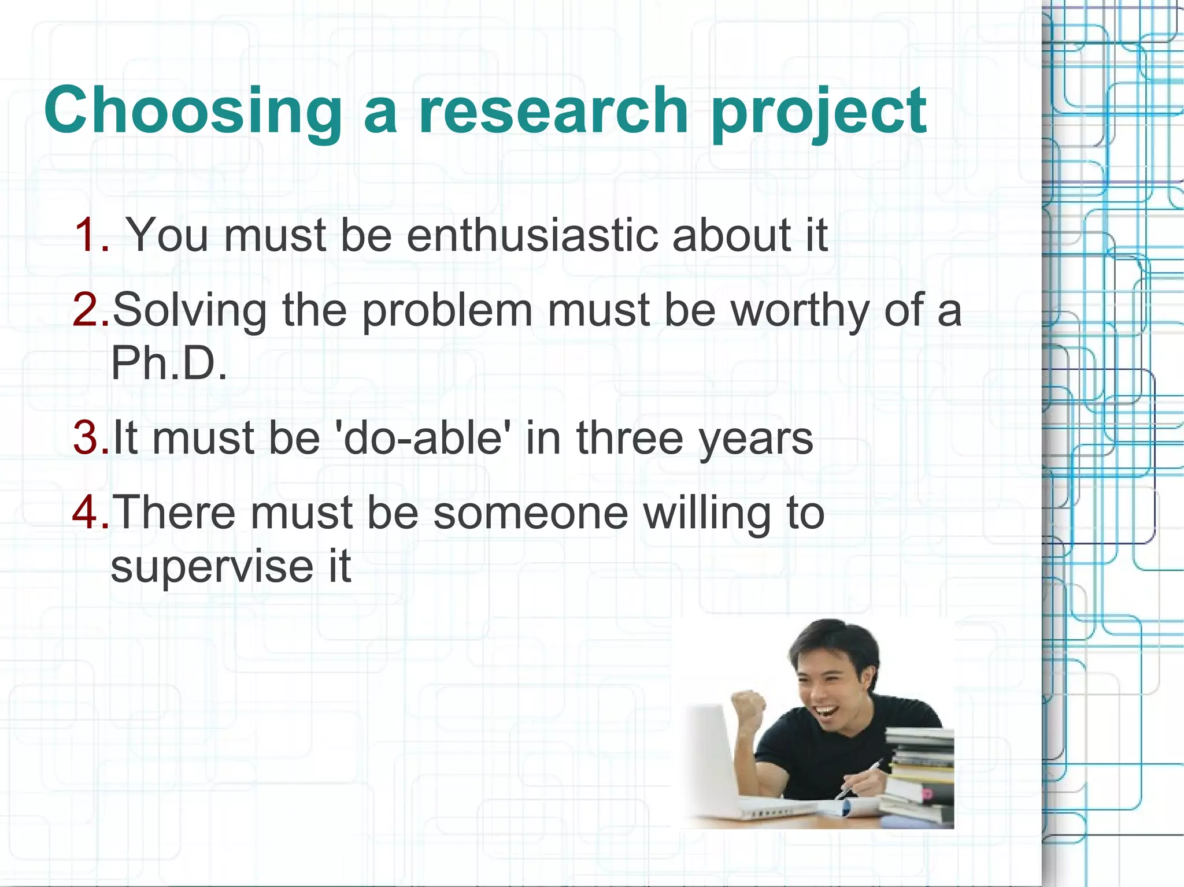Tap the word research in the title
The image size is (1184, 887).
click(553, 111)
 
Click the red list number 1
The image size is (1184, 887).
click(91, 235)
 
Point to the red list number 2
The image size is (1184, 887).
click(90, 310)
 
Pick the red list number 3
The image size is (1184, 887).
click(90, 437)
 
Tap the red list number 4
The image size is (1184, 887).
click(90, 513)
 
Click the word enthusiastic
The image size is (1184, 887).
click(532, 235)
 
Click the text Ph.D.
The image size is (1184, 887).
click(168, 363)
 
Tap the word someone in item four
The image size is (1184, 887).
click(530, 513)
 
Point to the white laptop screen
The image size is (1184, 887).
click(711, 751)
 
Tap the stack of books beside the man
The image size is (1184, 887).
click(919, 774)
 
